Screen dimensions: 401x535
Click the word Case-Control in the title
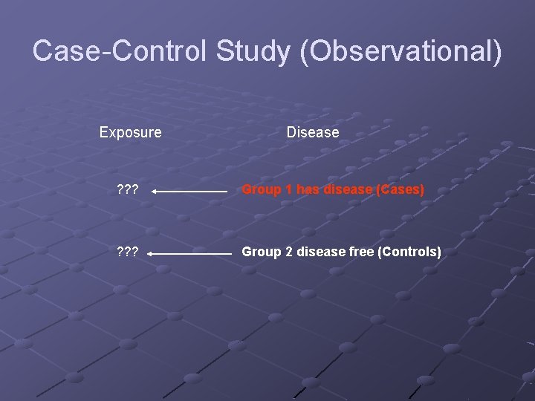[120, 51]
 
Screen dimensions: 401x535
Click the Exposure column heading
[130, 132]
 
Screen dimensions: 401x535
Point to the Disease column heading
[313, 132]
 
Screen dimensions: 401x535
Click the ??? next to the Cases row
[128, 190]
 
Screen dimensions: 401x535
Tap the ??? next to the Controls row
[128, 252]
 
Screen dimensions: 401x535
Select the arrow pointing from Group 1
[190, 191]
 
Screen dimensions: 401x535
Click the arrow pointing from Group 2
[192, 253]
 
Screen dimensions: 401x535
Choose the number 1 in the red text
[287, 190]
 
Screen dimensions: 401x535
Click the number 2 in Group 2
[287, 252]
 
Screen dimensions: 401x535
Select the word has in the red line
[308, 190]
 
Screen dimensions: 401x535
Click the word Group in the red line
[262, 190]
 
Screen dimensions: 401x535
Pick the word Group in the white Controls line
[262, 252]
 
